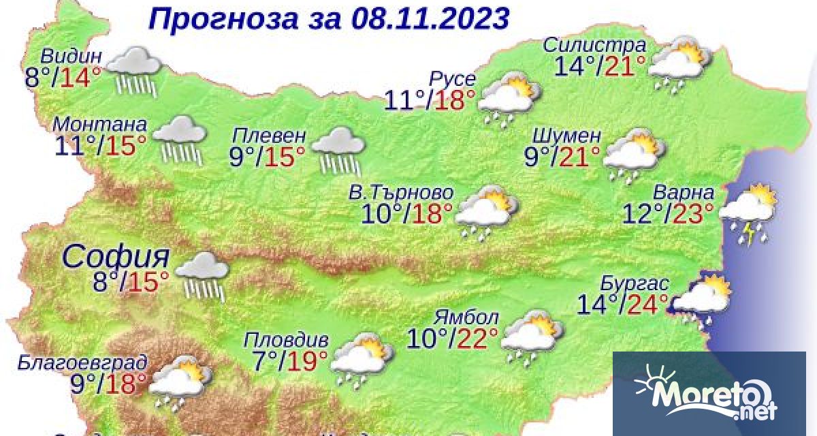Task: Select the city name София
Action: click(x=116, y=258)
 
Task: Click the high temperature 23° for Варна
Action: click(x=693, y=214)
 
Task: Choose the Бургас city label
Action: click(x=635, y=283)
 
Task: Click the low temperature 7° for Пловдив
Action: click(x=259, y=359)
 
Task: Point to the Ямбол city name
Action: click(x=467, y=317)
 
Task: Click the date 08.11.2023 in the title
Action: click(x=431, y=18)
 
